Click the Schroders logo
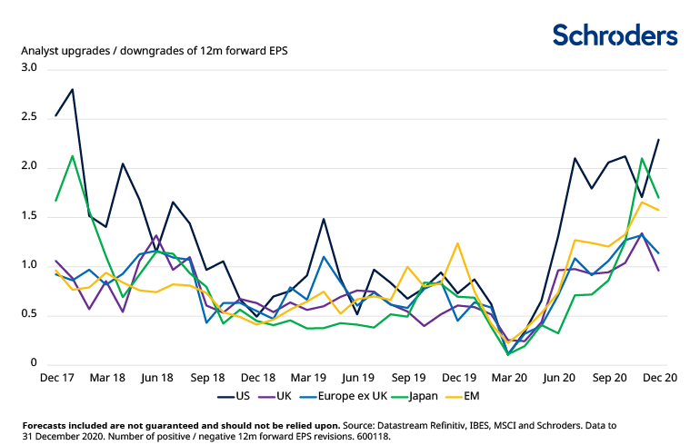pos(615,35)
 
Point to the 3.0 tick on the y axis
pos(28,68)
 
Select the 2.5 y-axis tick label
pos(28,118)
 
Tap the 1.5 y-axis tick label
pos(28,216)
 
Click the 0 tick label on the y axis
pos(34,364)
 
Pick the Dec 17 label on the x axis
pos(56,376)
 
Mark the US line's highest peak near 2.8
pos(72,89)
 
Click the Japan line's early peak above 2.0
pos(72,156)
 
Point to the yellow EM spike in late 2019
pos(457,243)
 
